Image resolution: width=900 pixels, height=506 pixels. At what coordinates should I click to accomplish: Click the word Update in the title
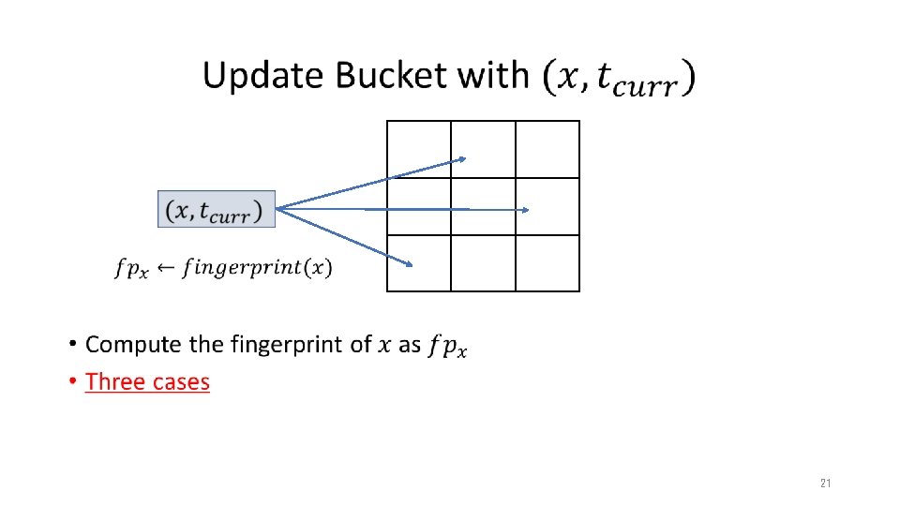[x=262, y=76]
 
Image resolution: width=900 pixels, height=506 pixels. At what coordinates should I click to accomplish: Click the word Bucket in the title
[x=388, y=76]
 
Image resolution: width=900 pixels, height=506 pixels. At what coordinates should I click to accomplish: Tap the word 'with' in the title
[x=493, y=76]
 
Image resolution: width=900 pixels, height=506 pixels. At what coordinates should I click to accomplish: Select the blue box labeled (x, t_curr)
[x=217, y=209]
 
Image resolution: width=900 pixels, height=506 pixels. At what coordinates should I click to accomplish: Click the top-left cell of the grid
[x=419, y=149]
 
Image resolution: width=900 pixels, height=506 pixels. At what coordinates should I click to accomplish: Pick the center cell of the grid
[x=483, y=206]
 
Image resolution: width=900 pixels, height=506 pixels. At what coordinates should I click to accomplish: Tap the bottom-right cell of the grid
[x=547, y=263]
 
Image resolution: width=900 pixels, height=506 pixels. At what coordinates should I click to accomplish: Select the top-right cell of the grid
[x=547, y=149]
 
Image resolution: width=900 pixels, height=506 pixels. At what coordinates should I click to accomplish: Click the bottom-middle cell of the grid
[x=483, y=263]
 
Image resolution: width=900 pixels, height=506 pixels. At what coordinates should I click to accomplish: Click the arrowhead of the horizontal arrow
[x=527, y=210]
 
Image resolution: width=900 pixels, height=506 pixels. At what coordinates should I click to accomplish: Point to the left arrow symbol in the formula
[x=165, y=269]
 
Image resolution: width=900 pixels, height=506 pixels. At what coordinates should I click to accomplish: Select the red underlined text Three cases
[x=147, y=381]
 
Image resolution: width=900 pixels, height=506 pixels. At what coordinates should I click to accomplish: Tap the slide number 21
[x=825, y=484]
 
